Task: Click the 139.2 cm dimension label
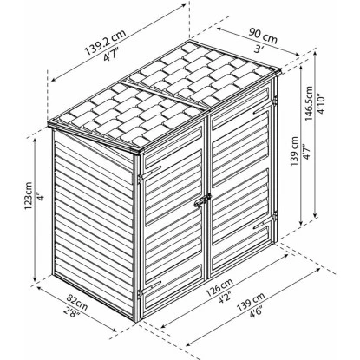pos(105,42)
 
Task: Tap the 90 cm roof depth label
pos(263,36)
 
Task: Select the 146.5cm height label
pos(309,103)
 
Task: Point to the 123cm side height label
pos(29,196)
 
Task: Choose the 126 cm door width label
pos(219,288)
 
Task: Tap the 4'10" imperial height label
pos(321,103)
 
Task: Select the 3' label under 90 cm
pos(257,49)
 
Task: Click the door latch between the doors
pos(203,200)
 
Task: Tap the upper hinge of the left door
pos(140,179)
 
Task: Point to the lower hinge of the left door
pos(140,295)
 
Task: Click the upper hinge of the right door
pos(274,100)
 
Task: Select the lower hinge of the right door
pos(274,216)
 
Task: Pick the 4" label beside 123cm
pos(41,198)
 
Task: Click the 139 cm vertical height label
pos(295,151)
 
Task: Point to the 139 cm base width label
pos(251,302)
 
